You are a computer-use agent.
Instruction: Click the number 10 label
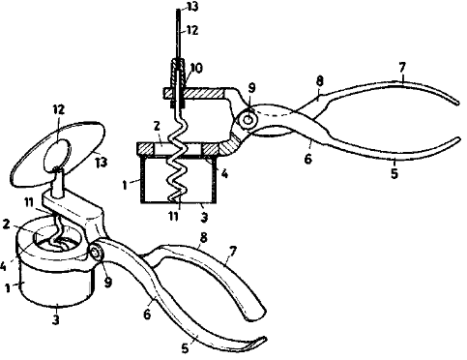pos(196,69)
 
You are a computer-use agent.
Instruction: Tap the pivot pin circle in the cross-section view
pos(248,120)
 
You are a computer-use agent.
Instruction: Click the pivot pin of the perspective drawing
pos(96,253)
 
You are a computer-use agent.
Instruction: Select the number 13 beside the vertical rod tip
pos(192,7)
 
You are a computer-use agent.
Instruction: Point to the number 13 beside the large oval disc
pos(101,163)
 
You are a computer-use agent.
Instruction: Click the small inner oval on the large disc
pos(57,155)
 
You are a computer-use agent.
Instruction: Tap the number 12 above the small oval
pos(58,109)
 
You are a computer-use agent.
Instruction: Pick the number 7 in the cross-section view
pos(402,68)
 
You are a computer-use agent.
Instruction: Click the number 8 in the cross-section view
pos(319,81)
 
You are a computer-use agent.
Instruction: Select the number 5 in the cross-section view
pos(394,173)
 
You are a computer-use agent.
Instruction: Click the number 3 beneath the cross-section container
pos(204,217)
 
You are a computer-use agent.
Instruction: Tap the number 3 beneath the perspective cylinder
pos(56,320)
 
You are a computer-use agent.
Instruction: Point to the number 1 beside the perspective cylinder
pos(8,288)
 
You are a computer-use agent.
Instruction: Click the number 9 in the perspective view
pos(108,283)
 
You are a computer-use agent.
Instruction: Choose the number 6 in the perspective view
pos(147,314)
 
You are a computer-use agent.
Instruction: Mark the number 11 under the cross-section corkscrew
pos(174,216)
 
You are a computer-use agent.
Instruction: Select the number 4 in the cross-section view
pos(224,174)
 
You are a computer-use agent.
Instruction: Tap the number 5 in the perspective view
pos(185,348)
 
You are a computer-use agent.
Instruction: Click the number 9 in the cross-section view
pos(252,87)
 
